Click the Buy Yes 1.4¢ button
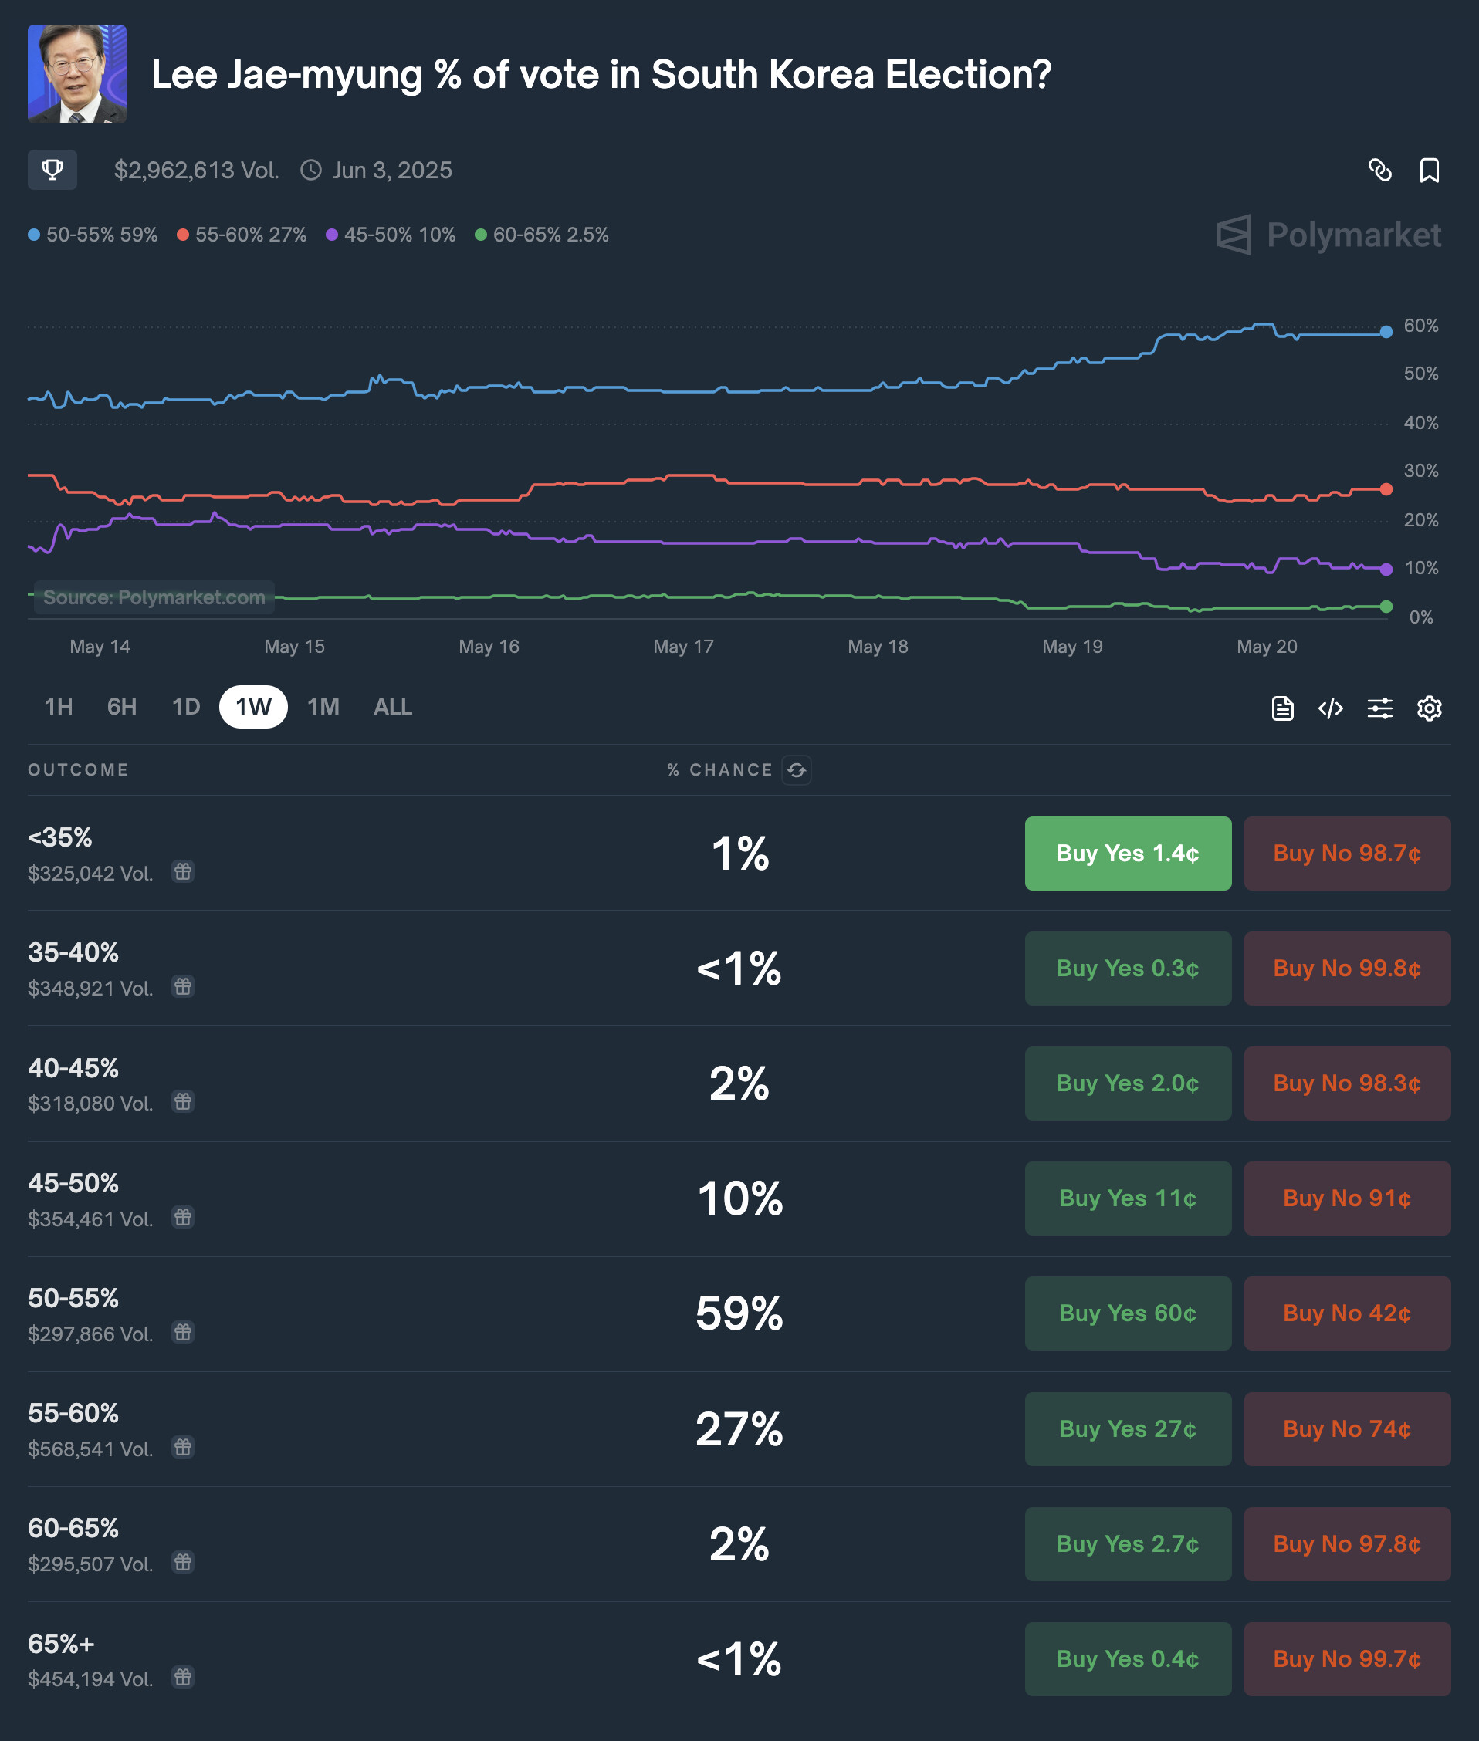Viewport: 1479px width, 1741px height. pos(1128,854)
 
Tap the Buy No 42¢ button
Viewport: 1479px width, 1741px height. pos(1346,1313)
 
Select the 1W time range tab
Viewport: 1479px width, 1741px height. pos(253,707)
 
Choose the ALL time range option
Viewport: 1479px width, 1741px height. pos(392,707)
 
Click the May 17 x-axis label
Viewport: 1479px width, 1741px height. pos(683,646)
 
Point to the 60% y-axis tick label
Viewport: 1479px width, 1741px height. pos(1421,325)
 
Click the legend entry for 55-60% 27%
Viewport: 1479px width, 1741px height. pos(242,235)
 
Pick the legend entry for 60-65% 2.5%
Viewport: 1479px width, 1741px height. pos(543,235)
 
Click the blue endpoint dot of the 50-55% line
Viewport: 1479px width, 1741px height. pos(1386,332)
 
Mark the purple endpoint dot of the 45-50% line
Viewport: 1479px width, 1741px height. pos(1386,570)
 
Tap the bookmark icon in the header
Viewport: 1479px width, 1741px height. pos(1429,170)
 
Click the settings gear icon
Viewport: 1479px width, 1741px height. pos(1429,708)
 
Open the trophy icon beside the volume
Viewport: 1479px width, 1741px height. pos(52,170)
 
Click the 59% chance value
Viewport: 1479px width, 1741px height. pos(739,1313)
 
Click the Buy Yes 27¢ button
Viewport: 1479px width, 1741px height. pos(1128,1428)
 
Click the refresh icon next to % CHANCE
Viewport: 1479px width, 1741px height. pos(797,769)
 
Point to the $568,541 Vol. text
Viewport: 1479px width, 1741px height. pos(90,1449)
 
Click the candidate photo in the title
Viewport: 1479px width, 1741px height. pos(77,74)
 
